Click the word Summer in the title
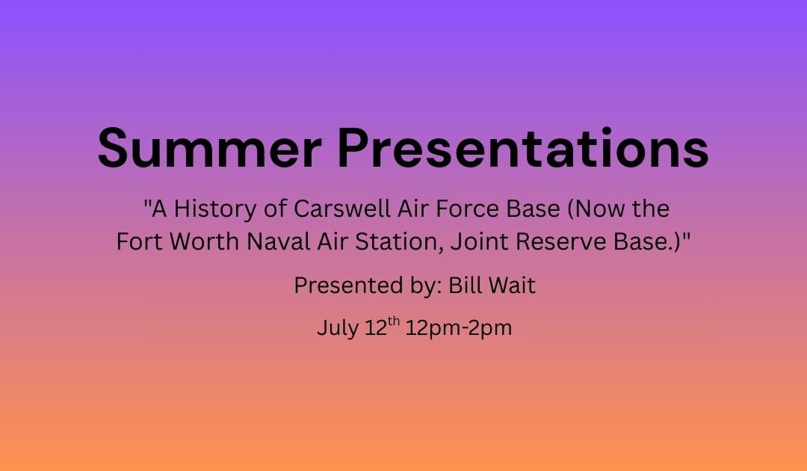coord(210,148)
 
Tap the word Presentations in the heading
coord(523,148)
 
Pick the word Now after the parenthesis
coord(596,209)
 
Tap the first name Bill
coord(463,285)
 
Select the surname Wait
coord(512,285)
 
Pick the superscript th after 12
coord(394,321)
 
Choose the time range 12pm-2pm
coord(459,328)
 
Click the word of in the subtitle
coord(275,209)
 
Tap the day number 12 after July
coord(376,328)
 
